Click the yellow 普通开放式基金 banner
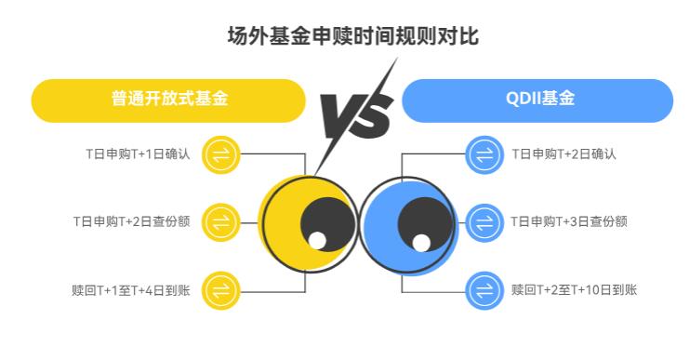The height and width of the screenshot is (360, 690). click(168, 100)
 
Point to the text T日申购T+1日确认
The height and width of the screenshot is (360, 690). click(137, 153)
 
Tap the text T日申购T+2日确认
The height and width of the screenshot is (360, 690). click(564, 153)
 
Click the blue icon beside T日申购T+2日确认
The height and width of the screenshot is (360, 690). click(483, 153)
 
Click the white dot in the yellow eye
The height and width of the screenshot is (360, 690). click(317, 242)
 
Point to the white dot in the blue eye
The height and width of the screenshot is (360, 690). click(421, 242)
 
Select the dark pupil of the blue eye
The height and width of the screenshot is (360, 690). click(426, 220)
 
